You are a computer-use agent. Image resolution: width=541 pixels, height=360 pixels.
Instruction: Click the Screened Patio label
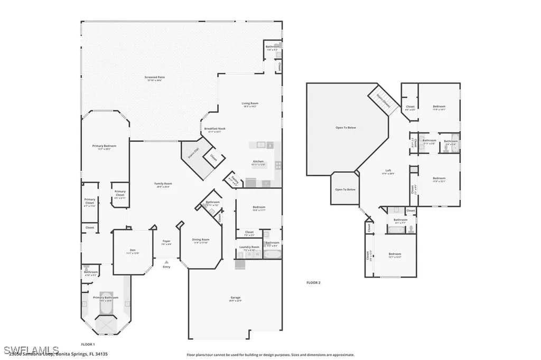[x=155, y=78]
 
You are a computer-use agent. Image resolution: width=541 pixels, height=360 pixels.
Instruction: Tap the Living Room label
[x=250, y=104]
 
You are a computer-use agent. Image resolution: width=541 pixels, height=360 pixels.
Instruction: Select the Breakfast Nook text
[x=213, y=130]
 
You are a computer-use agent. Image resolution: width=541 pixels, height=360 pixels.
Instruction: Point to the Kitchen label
[x=258, y=162]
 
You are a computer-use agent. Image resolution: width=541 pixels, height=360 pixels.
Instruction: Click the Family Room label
[x=164, y=184]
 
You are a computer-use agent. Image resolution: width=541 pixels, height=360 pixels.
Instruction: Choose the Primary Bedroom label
[x=104, y=147]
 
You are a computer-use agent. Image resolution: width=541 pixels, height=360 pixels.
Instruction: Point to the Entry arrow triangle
[x=166, y=261]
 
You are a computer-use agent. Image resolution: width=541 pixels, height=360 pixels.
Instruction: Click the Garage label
[x=236, y=298]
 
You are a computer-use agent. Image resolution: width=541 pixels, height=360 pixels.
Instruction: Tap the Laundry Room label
[x=249, y=248]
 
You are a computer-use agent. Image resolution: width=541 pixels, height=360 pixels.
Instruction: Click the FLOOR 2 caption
[x=313, y=282]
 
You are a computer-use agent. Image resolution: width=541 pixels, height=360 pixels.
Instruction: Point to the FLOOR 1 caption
[x=88, y=344]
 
